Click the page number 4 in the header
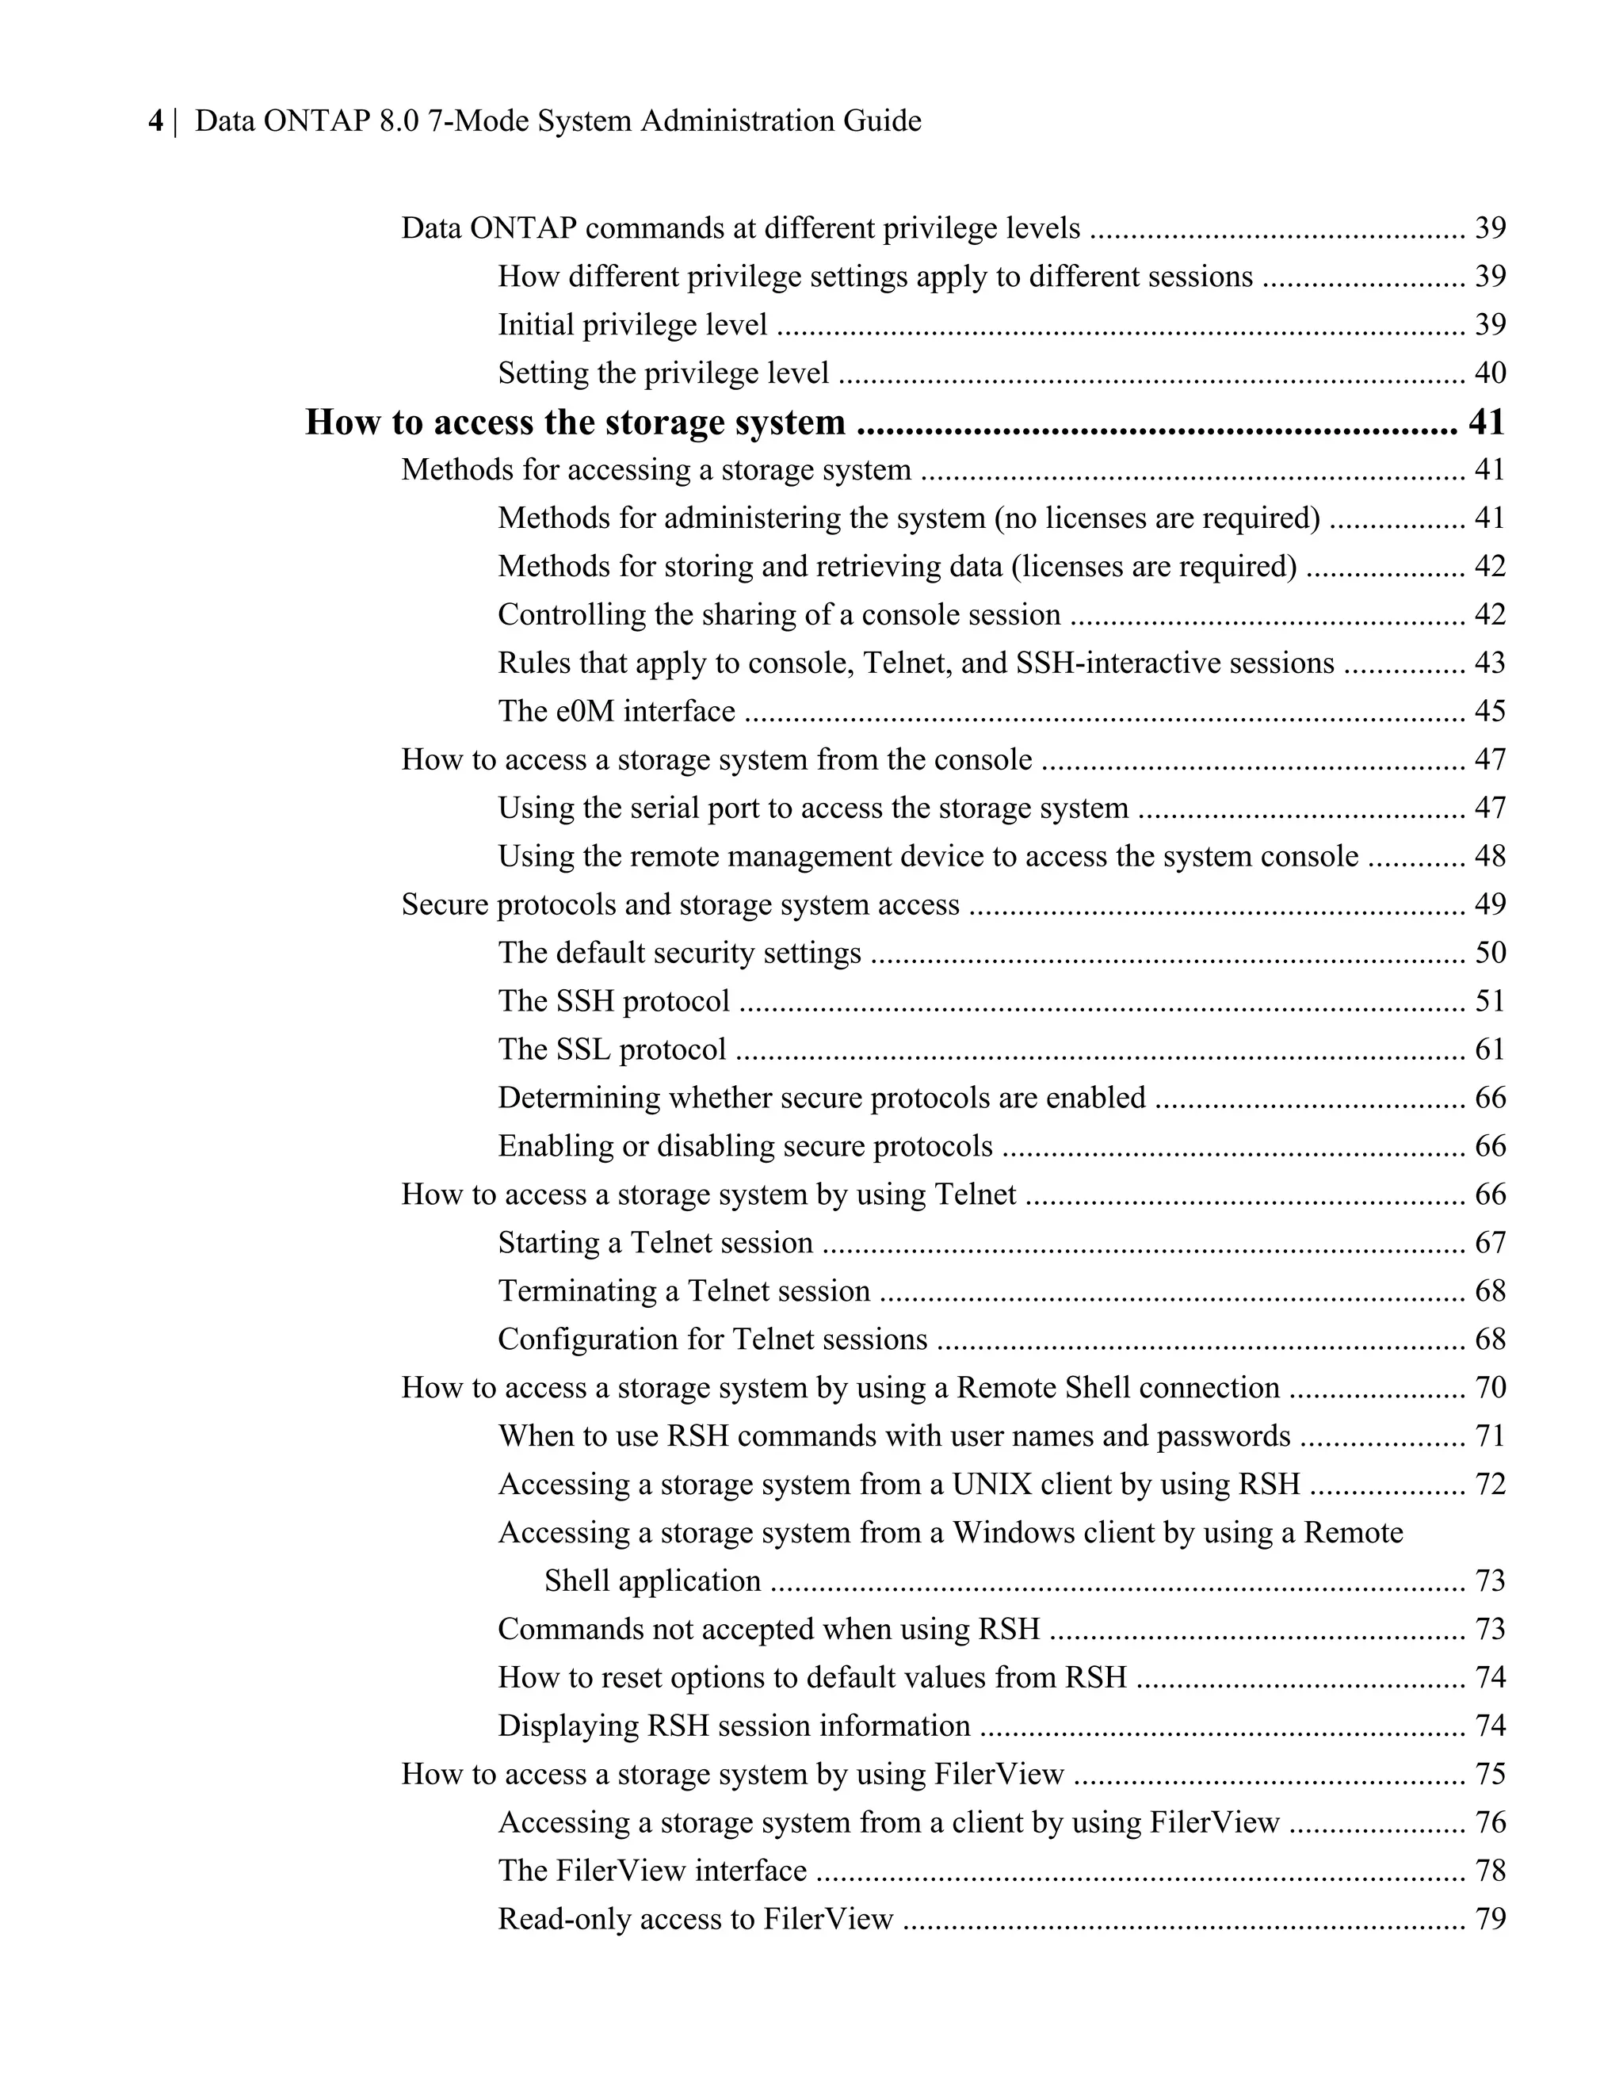155,121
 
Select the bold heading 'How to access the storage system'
575,422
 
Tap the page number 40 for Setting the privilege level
1489,373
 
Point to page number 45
1489,711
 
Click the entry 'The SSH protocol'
613,1000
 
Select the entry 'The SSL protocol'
611,1049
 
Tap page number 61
1489,1049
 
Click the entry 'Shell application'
652,1581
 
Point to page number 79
1489,1919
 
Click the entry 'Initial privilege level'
632,325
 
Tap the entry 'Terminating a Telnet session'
684,1291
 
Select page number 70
1489,1388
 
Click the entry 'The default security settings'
679,953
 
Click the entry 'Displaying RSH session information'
734,1726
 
